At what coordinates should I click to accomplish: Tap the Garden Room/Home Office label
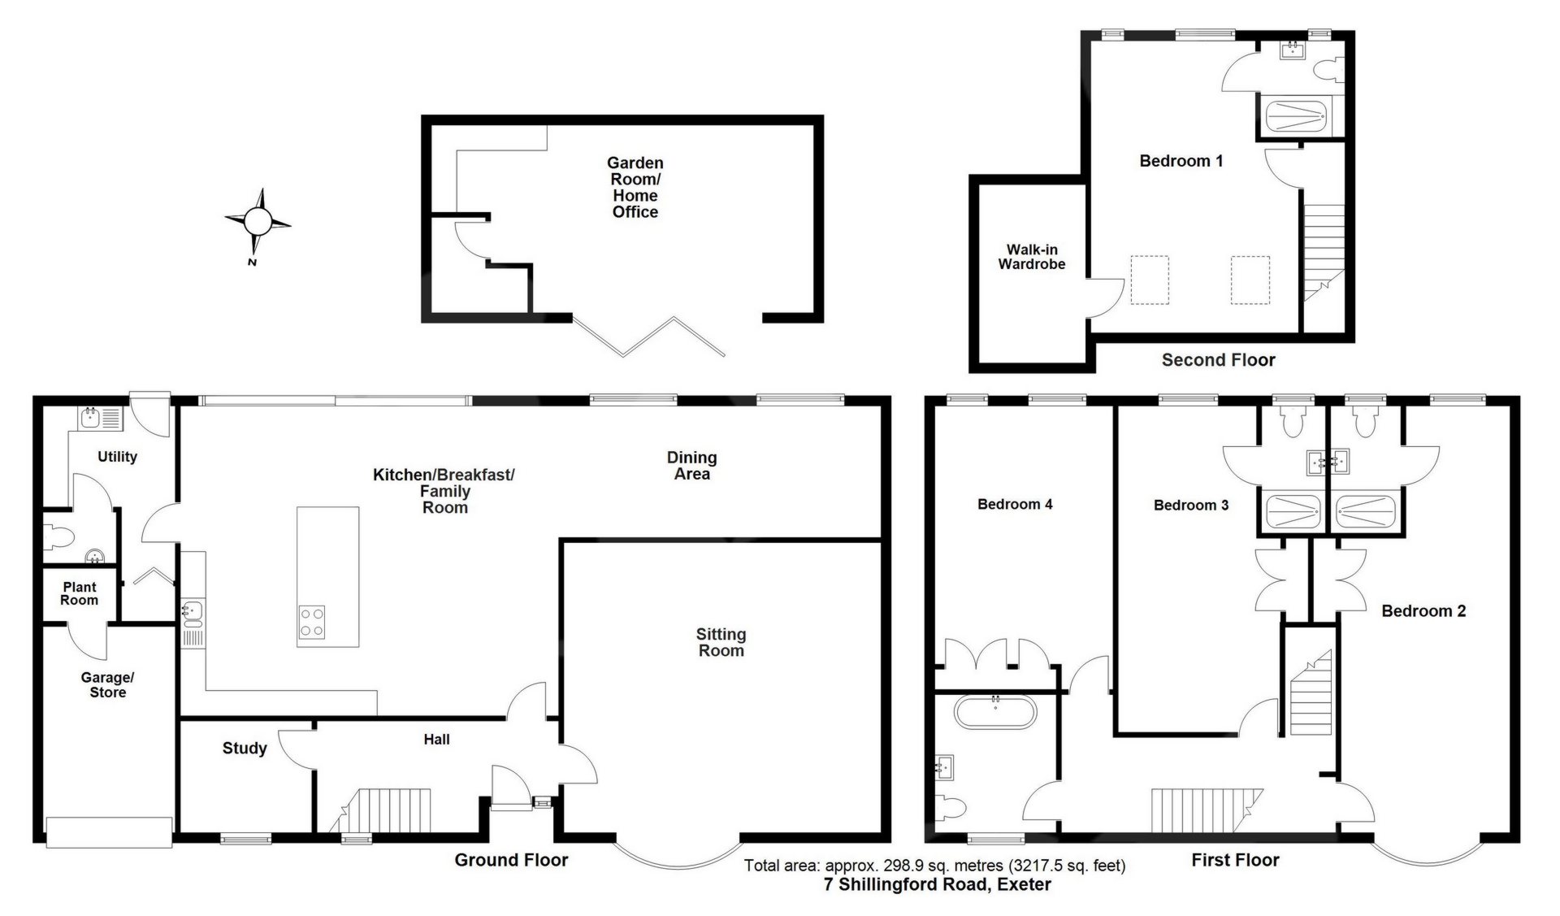[x=635, y=188]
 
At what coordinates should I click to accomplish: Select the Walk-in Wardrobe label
[x=1032, y=257]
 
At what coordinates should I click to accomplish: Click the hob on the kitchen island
[x=312, y=622]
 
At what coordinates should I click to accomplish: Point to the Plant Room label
[x=79, y=593]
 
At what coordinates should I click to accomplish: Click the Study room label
[x=245, y=749]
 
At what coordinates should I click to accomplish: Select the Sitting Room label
[x=721, y=642]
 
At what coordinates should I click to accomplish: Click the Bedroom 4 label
[x=1015, y=504]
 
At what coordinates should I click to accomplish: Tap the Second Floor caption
[x=1218, y=360]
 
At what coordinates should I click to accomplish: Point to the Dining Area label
[x=692, y=466]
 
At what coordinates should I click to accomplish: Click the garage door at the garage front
[x=109, y=832]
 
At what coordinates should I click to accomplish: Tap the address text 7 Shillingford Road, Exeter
[x=938, y=884]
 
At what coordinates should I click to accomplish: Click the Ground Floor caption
[x=511, y=860]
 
